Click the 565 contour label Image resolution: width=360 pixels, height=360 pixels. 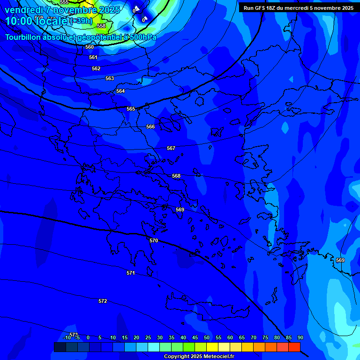(x=131, y=109)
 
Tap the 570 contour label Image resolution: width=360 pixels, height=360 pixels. (x=154, y=240)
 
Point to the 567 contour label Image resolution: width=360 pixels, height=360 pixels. (x=171, y=148)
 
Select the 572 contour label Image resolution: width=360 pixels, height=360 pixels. (x=103, y=301)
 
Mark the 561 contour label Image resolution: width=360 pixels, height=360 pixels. (x=93, y=57)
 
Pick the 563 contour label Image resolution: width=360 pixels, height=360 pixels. (x=110, y=78)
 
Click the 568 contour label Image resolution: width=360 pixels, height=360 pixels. (x=176, y=176)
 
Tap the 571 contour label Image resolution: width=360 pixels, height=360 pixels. (x=131, y=273)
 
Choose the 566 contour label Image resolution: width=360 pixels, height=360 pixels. (x=150, y=127)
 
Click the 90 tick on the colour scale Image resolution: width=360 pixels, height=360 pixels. (x=300, y=337)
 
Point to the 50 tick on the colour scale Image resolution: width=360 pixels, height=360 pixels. (x=207, y=337)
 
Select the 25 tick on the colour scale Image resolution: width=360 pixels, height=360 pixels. (x=148, y=337)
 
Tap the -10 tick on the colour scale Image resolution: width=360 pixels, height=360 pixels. (x=67, y=337)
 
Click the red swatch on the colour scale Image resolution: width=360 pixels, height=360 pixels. (x=294, y=347)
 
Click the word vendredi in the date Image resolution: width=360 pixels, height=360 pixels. (x=23, y=9)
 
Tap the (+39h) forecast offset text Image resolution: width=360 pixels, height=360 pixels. (x=81, y=21)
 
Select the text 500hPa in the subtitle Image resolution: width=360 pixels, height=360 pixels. (x=141, y=37)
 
